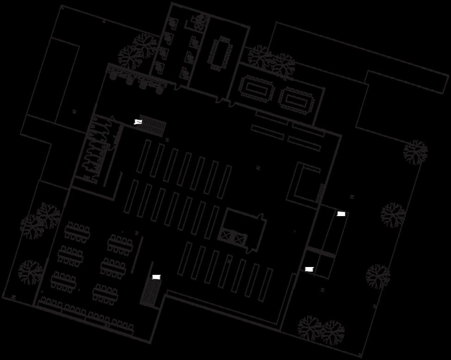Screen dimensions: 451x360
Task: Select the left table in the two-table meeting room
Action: [256, 87]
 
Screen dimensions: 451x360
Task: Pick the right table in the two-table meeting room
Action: [297, 99]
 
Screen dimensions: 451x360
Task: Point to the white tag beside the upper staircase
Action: [138, 122]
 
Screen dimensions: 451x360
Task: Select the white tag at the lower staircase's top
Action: [156, 277]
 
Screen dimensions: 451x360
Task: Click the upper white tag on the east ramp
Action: [341, 214]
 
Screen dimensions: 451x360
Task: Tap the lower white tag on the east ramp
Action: [309, 269]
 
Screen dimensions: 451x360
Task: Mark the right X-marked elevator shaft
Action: [239, 239]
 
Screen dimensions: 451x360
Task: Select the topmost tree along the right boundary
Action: [415, 152]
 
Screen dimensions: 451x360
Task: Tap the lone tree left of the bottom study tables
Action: [30, 272]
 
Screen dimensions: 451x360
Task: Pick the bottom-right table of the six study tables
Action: [106, 293]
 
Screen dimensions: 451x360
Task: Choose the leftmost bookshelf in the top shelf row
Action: [144, 156]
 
